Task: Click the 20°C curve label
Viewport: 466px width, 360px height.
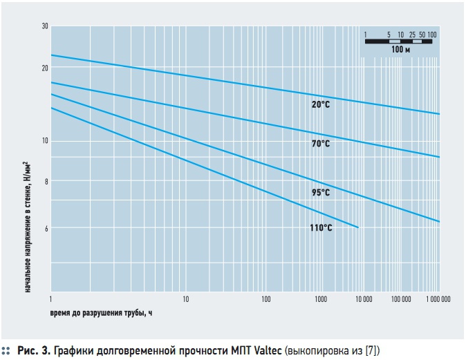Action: (321, 104)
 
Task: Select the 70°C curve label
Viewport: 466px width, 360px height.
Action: (321, 144)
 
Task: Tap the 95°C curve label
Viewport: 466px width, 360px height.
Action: (321, 193)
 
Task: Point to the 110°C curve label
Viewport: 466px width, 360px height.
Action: (321, 227)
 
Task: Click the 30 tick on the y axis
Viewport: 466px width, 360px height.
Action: (45, 26)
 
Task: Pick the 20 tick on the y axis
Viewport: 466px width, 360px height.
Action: (45, 68)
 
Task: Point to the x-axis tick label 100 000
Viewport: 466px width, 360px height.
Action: (401, 300)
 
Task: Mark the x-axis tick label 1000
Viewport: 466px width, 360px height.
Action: (320, 300)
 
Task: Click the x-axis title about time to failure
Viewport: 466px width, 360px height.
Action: (101, 313)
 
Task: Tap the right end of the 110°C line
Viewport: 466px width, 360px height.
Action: (358, 227)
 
